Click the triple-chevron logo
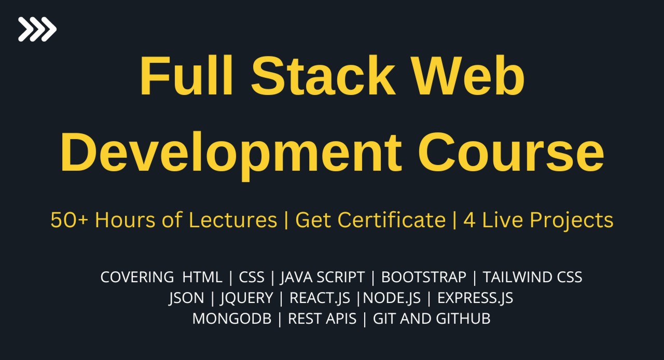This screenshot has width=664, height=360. (x=37, y=29)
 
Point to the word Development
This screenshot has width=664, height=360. (x=231, y=153)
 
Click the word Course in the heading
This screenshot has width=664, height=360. (x=511, y=153)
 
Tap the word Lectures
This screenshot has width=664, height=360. (x=232, y=220)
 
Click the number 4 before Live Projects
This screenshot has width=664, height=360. (x=469, y=220)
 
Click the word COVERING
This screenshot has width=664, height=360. (x=137, y=277)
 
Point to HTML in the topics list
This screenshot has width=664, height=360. (x=202, y=277)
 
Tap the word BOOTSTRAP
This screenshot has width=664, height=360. (x=424, y=277)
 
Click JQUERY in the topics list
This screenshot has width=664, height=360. (x=246, y=298)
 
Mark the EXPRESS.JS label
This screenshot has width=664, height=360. (x=475, y=298)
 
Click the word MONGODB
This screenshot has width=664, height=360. (x=232, y=319)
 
